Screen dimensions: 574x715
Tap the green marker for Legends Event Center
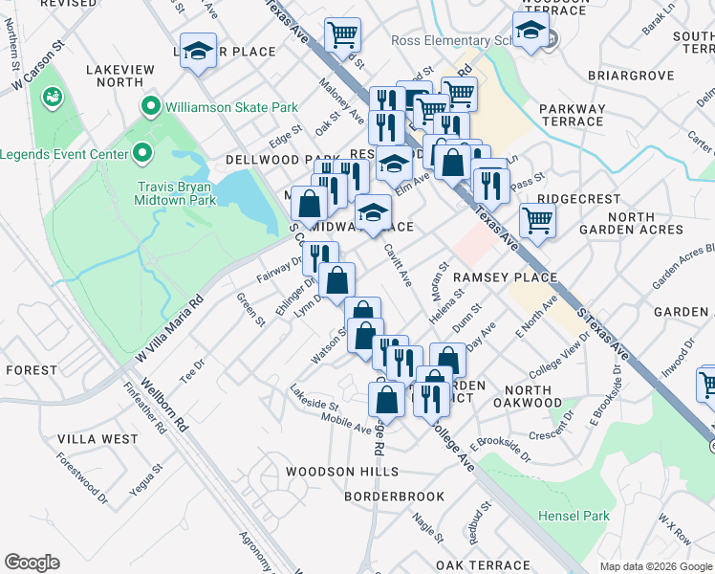(142, 153)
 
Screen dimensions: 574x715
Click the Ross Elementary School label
(460, 41)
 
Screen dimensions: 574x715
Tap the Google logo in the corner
(32, 562)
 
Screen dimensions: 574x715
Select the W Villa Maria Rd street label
(169, 328)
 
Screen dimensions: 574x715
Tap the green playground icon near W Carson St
(52, 97)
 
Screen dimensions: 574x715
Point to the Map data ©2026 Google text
(655, 566)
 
